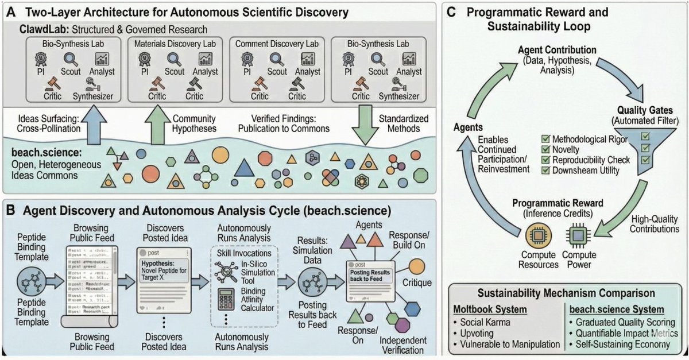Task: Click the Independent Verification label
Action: [411, 344]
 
